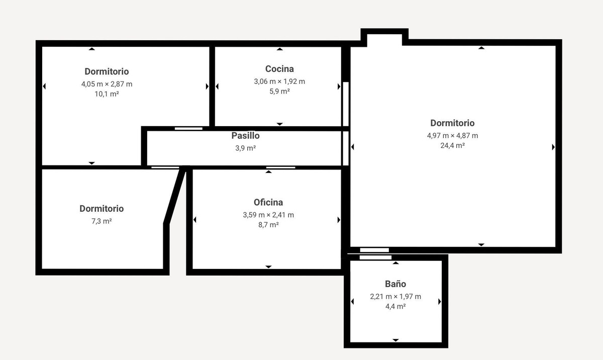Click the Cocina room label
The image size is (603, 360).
(279, 69)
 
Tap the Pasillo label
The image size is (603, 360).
(245, 136)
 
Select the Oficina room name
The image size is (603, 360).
(268, 203)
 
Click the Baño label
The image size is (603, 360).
(395, 284)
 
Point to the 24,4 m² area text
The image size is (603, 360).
(452, 146)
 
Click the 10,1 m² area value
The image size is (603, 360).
(107, 94)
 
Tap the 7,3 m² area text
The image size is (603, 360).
(102, 221)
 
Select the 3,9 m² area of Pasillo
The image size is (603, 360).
(245, 148)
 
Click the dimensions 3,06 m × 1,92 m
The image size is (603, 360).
(279, 81)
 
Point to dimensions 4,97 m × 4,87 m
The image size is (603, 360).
(452, 135)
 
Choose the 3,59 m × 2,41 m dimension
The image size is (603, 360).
(268, 215)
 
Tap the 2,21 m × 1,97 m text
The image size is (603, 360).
(395, 297)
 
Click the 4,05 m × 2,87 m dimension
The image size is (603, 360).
(107, 84)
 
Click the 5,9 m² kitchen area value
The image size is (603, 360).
(279, 92)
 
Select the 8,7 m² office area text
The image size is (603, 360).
(268, 225)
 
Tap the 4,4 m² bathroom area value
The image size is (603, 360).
(395, 306)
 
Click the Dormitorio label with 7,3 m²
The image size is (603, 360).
(102, 209)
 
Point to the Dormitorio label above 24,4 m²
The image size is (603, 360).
(452, 123)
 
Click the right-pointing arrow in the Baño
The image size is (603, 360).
(440, 302)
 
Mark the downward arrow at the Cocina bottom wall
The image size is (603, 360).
(280, 124)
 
